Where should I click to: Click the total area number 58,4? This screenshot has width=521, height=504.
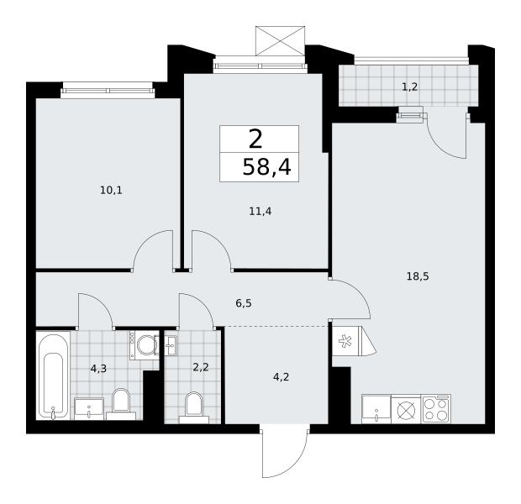267,167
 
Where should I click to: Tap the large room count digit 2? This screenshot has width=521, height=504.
255,139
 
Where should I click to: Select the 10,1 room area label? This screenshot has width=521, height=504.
111,191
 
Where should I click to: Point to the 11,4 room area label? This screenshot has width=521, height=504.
260,211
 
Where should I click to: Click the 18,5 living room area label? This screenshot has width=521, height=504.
418,276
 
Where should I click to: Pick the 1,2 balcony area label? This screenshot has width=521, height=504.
410,87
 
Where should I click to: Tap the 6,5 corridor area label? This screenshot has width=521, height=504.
244,303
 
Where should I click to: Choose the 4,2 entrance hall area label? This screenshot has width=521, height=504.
281,377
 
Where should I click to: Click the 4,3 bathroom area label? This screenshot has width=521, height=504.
98,369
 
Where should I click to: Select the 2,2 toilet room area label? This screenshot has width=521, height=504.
201,368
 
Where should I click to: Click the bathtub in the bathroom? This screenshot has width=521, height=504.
53,375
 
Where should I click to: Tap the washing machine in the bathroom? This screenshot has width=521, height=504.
145,345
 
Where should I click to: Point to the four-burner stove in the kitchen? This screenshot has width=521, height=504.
436,408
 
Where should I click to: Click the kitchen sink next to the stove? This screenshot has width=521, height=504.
376,409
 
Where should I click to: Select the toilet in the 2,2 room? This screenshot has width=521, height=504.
194,407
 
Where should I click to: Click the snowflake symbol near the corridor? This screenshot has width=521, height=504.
345,342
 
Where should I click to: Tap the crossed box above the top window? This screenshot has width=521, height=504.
280,40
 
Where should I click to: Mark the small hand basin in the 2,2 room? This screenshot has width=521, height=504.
171,345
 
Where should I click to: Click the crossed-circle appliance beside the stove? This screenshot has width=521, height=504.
406,409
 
